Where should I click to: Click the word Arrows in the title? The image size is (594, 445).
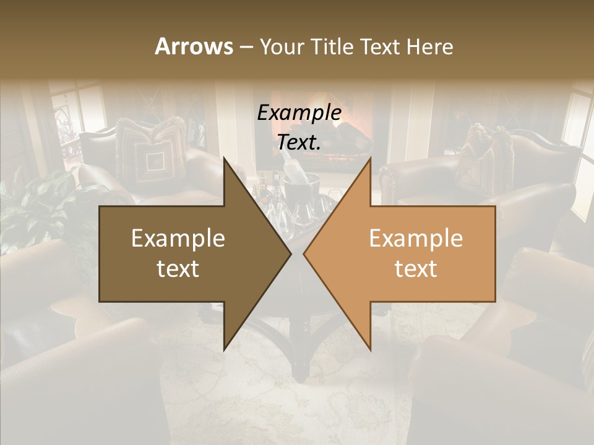(194, 46)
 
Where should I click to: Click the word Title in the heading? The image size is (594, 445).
(332, 46)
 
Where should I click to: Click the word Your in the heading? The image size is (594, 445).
(282, 47)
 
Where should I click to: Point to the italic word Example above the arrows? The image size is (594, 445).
(299, 113)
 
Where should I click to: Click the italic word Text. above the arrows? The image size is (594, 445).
(299, 142)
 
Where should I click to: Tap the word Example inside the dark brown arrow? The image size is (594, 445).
(178, 239)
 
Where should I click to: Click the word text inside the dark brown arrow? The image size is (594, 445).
(178, 268)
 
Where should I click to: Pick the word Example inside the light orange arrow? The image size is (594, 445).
(416, 239)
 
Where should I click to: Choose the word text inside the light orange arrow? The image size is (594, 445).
(416, 268)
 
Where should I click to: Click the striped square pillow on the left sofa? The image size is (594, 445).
(148, 155)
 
